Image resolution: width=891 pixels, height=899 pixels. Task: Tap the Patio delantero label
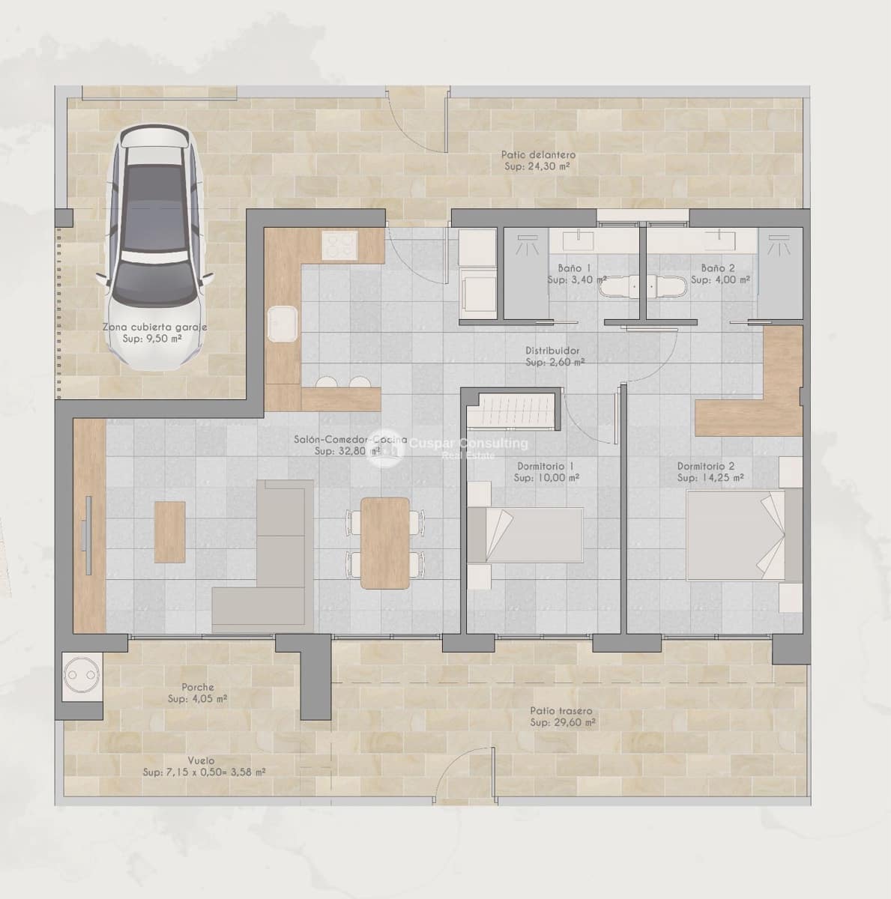pos(538,155)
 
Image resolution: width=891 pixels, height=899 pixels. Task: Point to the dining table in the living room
pos(385,542)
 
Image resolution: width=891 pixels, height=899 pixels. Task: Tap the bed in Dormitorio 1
pos(525,533)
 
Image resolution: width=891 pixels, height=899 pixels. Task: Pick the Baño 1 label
pos(574,267)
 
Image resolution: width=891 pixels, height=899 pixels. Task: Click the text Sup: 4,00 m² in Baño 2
pos(720,279)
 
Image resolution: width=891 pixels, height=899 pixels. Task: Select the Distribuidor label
pos(552,350)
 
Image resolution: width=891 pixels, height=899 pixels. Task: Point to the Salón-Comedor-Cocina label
pos(350,440)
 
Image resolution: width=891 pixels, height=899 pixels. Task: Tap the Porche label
pos(198,687)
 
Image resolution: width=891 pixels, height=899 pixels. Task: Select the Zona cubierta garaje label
pos(154,327)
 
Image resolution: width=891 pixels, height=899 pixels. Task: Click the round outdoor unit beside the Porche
pos(82,676)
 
